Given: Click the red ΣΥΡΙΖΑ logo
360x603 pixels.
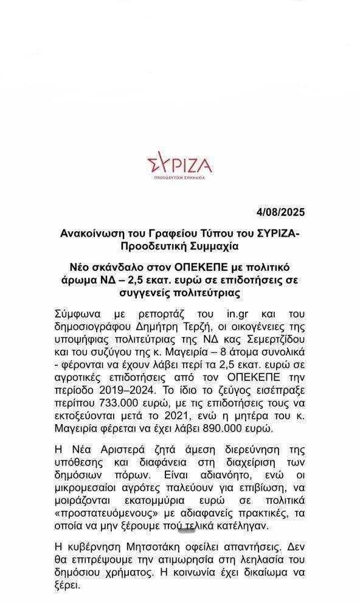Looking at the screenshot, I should pyautogui.click(x=179, y=164).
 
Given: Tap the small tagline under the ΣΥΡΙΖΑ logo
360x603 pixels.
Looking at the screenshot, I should pyautogui.click(x=179, y=177).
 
